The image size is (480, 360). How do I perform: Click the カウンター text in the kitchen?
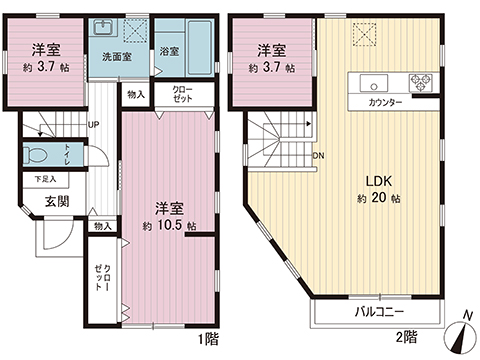(385, 103)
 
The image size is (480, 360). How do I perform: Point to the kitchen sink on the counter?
(370, 82)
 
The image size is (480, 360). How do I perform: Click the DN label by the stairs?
(317, 156)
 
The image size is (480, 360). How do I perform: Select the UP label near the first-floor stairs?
(93, 125)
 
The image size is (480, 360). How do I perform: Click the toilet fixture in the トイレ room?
(40, 156)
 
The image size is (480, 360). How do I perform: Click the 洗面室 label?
(113, 57)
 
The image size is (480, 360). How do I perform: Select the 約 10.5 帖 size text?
(168, 225)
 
